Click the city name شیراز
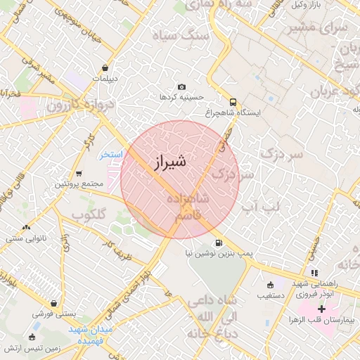coord(169,162)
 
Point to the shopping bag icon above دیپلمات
coord(105,68)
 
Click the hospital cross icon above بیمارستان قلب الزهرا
coord(321,309)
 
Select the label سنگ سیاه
coord(202,35)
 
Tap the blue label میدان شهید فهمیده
coord(91,334)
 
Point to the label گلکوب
coord(89,214)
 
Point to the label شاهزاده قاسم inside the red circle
coord(188,207)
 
